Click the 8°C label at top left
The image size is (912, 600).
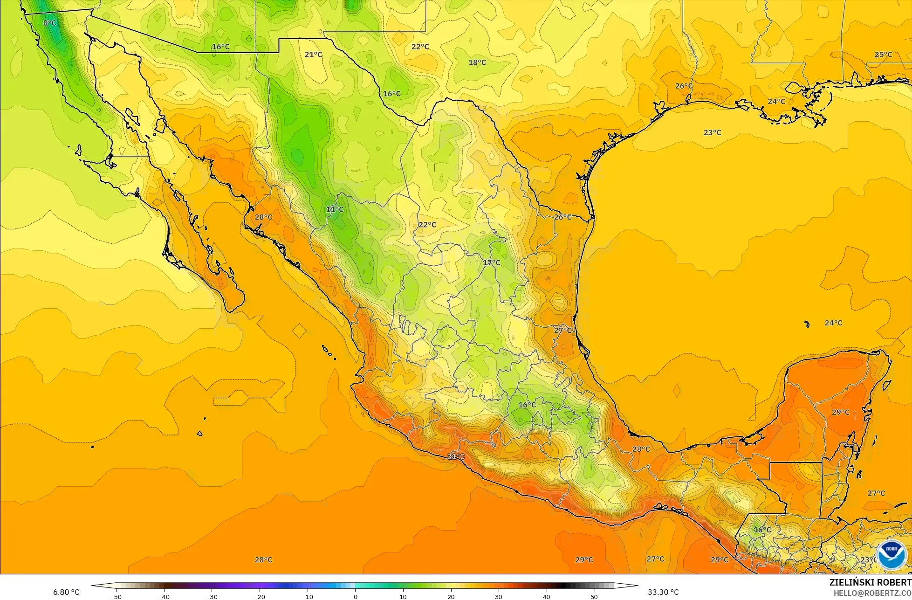click(x=49, y=23)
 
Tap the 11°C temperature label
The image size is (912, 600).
click(x=335, y=209)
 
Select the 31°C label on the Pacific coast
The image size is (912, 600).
click(x=456, y=456)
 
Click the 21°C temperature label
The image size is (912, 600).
click(x=313, y=55)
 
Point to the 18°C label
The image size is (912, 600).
click(x=477, y=62)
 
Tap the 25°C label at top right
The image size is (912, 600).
click(x=883, y=55)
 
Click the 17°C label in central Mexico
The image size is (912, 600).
click(x=491, y=263)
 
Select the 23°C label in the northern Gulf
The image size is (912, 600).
click(x=712, y=133)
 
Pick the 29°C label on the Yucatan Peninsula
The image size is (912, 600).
click(x=841, y=413)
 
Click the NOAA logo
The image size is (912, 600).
click(x=891, y=554)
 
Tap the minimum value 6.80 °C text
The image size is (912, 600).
click(x=66, y=592)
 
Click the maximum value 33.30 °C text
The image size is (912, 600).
click(x=663, y=592)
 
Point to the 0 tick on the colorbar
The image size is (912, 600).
click(x=355, y=596)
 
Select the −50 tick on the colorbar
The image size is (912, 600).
click(x=116, y=596)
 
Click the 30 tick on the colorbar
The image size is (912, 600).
click(x=499, y=596)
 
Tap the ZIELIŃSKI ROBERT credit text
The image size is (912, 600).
click(x=870, y=582)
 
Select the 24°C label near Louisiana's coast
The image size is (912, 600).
click(x=776, y=102)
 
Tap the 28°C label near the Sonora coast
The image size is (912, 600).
click(x=263, y=217)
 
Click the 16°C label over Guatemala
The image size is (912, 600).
click(x=762, y=530)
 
